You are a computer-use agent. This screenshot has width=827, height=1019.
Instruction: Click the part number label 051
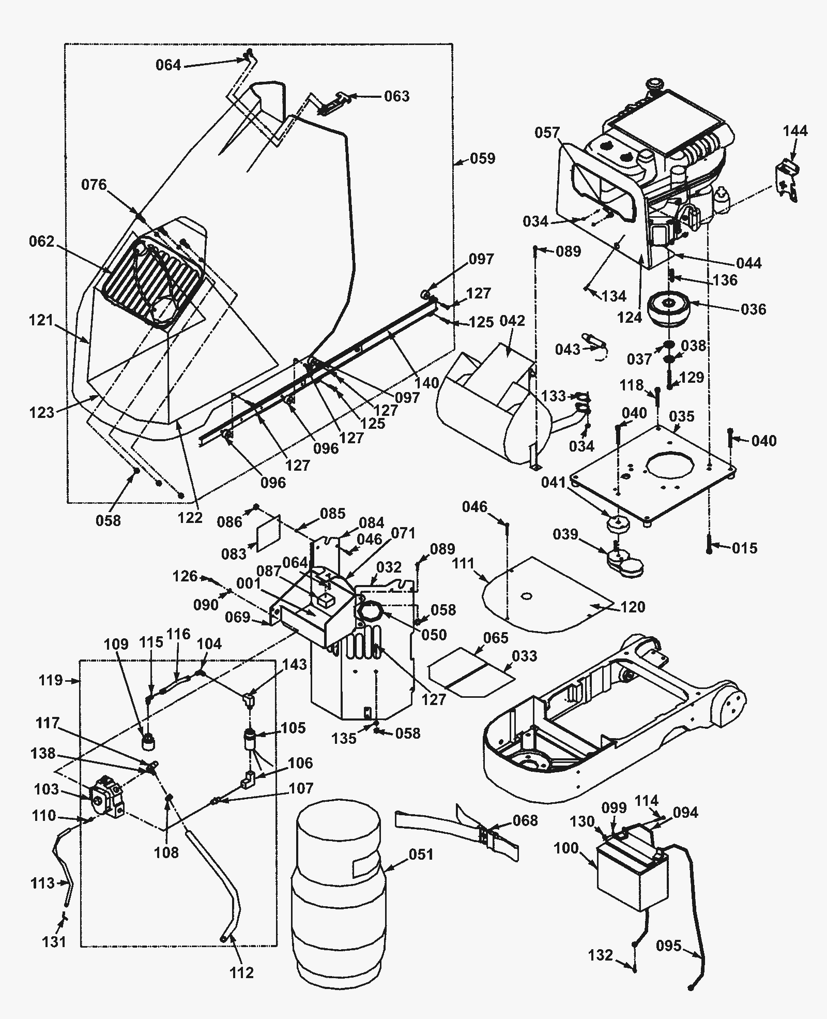[x=421, y=854]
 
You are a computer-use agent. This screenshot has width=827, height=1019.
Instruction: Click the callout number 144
[x=795, y=130]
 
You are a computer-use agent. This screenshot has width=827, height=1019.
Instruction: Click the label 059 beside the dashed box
[x=482, y=158]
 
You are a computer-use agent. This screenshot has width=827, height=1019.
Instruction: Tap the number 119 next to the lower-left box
[x=51, y=680]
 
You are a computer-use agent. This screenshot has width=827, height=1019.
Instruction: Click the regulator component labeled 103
[x=107, y=803]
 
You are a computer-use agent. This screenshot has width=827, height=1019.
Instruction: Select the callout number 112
[x=242, y=972]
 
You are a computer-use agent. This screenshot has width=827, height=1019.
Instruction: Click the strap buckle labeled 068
[x=486, y=835]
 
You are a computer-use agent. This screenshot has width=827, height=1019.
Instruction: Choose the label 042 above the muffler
[x=512, y=320]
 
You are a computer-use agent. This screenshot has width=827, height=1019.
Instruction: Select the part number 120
[x=632, y=606]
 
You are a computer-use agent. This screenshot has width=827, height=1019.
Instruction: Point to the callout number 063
[x=396, y=96]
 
